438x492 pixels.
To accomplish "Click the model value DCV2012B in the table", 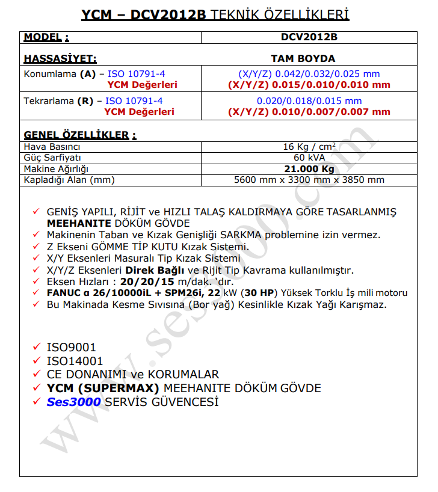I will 309,37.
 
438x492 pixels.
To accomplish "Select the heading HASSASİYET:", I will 60,58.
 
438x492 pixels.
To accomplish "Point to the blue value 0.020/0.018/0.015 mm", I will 309,101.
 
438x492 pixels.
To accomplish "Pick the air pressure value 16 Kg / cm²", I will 309,147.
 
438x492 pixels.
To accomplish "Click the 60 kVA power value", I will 309,157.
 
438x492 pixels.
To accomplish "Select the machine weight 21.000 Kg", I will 309,168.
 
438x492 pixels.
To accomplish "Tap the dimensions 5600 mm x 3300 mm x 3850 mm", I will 309,179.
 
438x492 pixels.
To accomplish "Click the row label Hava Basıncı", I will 52,147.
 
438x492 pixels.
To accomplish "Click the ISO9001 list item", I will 71,348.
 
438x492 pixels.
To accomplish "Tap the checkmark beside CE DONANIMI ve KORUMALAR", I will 37,374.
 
